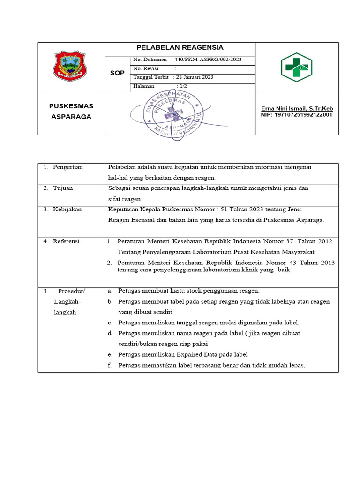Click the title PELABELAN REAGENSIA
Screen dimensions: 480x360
(180, 47)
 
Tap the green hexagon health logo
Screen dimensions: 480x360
(296, 67)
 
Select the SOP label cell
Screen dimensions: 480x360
(117, 73)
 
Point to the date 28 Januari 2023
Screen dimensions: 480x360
(195, 77)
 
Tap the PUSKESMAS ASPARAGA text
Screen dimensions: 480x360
(71, 112)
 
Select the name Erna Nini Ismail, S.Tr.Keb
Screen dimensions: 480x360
(297, 108)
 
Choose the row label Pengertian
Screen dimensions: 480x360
(68, 167)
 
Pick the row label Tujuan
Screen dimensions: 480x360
(63, 188)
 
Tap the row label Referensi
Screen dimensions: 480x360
(66, 241)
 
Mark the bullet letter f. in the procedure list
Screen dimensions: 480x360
(110, 365)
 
